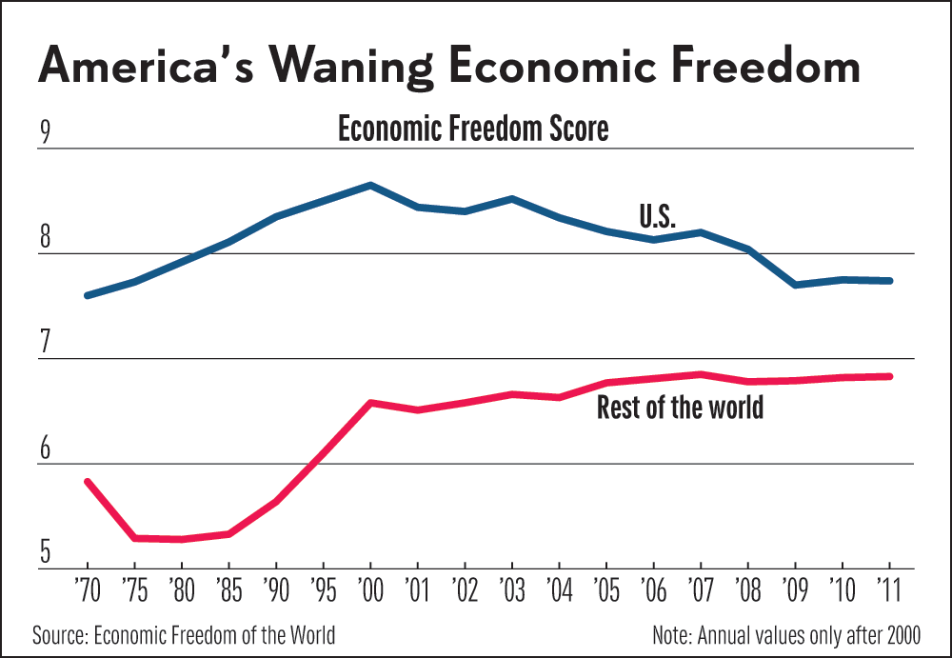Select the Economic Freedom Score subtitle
(473, 129)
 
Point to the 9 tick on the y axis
(44, 133)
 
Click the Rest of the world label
(680, 409)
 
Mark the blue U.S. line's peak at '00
(370, 185)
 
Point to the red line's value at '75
(134, 538)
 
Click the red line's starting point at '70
(87, 482)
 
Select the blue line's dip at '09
(795, 285)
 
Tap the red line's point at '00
(370, 403)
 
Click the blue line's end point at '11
(889, 281)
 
